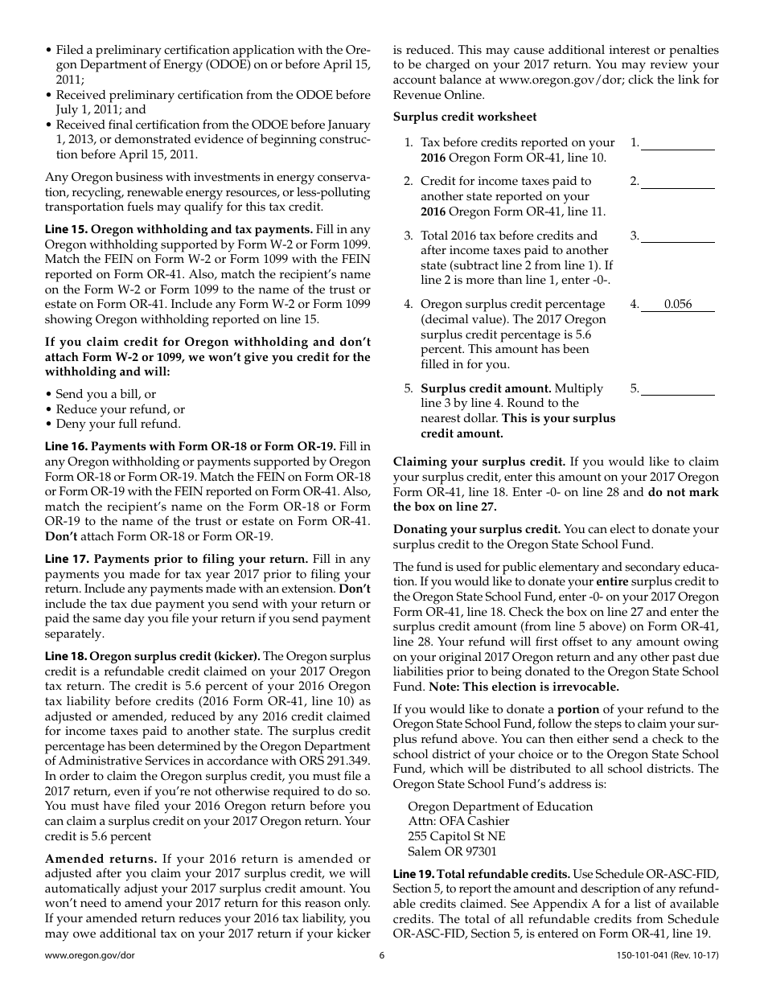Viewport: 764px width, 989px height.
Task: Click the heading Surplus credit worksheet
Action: pyautogui.click(x=453, y=117)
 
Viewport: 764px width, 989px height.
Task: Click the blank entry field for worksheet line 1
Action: pyautogui.click(x=677, y=143)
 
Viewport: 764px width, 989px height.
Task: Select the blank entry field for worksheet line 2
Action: pyautogui.click(x=677, y=182)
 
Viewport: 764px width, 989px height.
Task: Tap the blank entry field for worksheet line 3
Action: pyautogui.click(x=677, y=236)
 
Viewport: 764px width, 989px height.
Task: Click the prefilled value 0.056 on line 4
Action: pyautogui.click(x=678, y=305)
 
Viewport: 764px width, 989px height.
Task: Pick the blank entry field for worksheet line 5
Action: pyautogui.click(x=677, y=389)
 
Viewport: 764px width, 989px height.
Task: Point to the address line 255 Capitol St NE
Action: pyautogui.click(x=457, y=836)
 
